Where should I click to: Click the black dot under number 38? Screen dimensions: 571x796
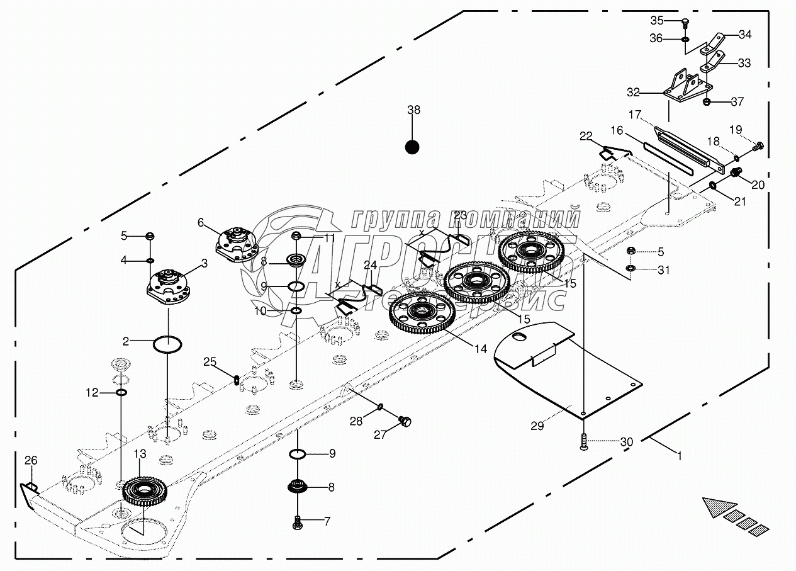[412, 147]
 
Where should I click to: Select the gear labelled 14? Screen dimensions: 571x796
[422, 312]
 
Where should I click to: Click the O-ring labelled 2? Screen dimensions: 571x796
[168, 344]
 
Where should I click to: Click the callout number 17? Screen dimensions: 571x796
[634, 115]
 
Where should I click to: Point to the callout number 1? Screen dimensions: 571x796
[678, 453]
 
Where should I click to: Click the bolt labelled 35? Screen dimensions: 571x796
[685, 23]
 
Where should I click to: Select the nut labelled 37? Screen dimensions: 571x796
[707, 101]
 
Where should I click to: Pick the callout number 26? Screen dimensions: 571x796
[31, 461]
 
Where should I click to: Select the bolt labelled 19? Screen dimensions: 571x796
[758, 147]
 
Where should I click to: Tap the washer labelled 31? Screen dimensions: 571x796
[631, 270]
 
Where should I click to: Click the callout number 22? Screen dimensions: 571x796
[586, 135]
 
